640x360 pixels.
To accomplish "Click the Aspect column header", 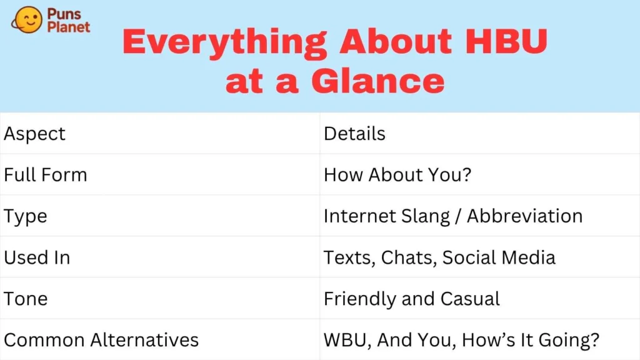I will pyautogui.click(x=35, y=134).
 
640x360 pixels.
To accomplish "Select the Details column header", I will pyautogui.click(x=354, y=134).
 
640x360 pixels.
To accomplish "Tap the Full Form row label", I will pyautogui.click(x=46, y=175).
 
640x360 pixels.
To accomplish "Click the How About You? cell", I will pyautogui.click(x=397, y=175).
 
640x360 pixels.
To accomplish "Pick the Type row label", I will pyautogui.click(x=26, y=216).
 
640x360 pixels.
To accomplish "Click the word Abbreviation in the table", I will pyautogui.click(x=524, y=216).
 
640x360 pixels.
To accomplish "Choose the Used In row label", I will pyautogui.click(x=37, y=257).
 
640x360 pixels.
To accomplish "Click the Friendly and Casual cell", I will pyautogui.click(x=411, y=299).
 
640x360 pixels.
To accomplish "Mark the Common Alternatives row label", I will pyautogui.click(x=101, y=340).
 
